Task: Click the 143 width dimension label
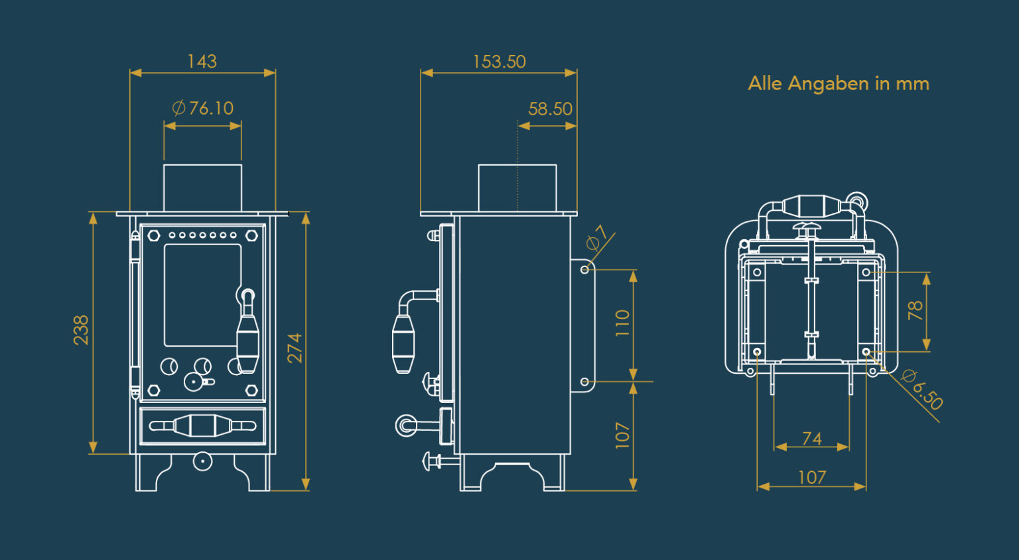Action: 202,62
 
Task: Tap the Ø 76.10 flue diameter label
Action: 203,108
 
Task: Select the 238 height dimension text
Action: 81,330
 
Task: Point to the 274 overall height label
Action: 295,348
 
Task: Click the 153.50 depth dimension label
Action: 499,62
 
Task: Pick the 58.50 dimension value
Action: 550,109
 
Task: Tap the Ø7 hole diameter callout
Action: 597,237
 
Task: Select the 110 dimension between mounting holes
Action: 622,323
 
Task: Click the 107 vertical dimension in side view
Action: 622,435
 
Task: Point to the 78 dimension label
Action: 916,310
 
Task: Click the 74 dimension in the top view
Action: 812,439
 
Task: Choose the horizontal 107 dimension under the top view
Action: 812,477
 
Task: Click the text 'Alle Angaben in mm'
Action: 839,84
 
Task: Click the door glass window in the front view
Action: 202,295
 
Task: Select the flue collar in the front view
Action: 202,188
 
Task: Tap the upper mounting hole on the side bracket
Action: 584,270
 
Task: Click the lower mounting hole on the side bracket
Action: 584,382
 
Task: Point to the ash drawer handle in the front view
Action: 202,425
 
